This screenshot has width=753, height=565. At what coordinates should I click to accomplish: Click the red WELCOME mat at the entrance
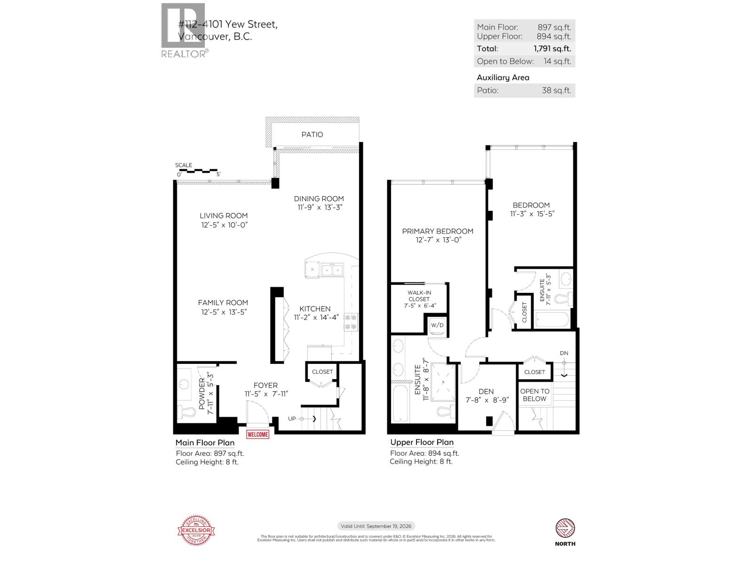(x=257, y=434)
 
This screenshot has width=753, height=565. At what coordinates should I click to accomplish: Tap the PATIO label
(x=312, y=135)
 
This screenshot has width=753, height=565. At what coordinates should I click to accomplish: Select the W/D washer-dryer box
(x=437, y=325)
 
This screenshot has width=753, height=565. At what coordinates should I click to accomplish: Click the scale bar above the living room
(x=197, y=170)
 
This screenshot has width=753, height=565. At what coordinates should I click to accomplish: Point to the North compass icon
(x=565, y=529)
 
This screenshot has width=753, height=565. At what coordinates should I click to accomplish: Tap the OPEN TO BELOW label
(x=535, y=395)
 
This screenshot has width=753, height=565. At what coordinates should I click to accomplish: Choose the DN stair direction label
(x=564, y=353)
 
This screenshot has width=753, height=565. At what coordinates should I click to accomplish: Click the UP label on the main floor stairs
(x=292, y=419)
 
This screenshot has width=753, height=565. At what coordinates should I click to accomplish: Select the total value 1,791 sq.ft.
(x=552, y=48)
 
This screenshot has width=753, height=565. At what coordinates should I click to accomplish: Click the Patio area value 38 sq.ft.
(x=556, y=90)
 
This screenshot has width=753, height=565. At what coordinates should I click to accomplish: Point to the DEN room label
(x=486, y=391)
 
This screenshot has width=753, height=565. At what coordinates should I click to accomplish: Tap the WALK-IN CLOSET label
(x=419, y=296)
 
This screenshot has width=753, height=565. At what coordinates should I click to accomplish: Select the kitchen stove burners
(x=351, y=322)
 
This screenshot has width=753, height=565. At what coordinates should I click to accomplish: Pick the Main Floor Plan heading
(x=205, y=443)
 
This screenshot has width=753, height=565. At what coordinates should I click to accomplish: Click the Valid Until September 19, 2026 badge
(x=376, y=526)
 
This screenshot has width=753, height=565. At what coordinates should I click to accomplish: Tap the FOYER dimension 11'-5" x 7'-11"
(x=265, y=394)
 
